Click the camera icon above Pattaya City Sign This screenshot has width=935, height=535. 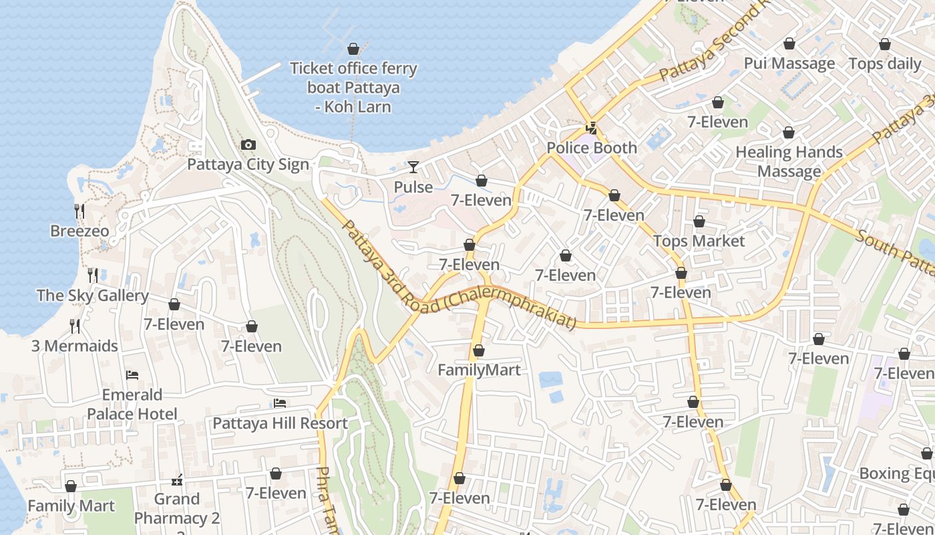(248, 144)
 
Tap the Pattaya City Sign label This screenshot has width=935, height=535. (248, 165)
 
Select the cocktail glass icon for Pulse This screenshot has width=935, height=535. (413, 167)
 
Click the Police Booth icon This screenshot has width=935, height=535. (591, 128)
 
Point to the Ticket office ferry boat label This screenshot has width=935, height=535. (353, 88)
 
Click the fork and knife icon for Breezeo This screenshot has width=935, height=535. (79, 211)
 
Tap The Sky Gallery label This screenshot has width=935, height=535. (93, 296)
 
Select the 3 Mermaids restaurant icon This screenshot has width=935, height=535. (75, 326)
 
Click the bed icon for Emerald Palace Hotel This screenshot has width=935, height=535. (132, 375)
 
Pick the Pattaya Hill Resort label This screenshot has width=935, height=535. (280, 423)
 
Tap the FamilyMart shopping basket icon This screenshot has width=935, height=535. (478, 350)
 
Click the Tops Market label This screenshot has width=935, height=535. (699, 241)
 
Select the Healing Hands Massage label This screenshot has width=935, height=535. (789, 162)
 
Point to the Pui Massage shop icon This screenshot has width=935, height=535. (789, 43)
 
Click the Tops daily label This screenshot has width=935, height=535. (884, 64)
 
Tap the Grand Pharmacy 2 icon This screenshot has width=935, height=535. (177, 479)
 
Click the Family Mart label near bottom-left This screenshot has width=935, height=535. (71, 506)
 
